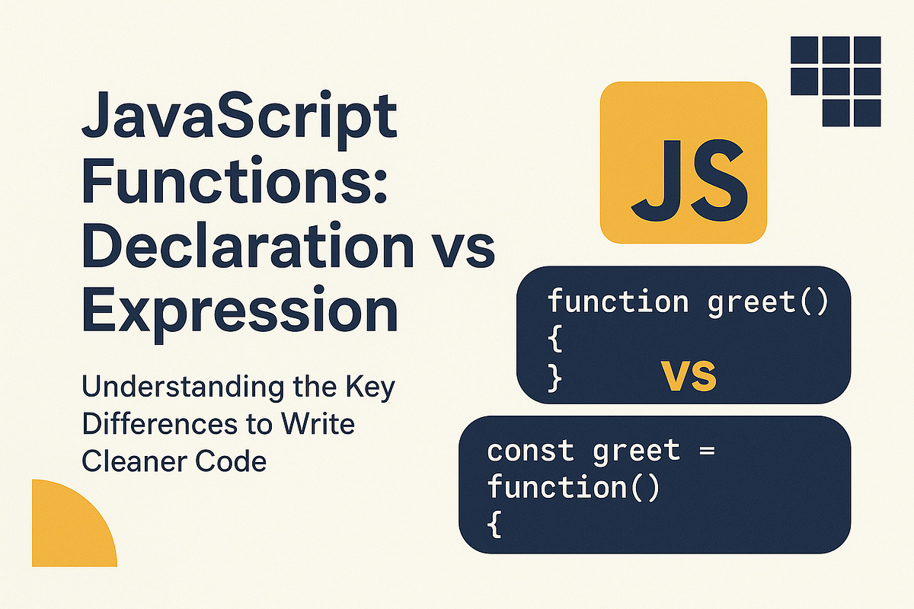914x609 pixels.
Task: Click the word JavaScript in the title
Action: coord(239,123)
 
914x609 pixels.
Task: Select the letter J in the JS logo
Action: coord(655,177)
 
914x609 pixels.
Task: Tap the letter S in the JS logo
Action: coord(716,177)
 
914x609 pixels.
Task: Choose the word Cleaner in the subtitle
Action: coord(133,461)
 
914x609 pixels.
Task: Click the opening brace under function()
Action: coord(494,525)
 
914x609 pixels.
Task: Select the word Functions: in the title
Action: coord(235,187)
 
